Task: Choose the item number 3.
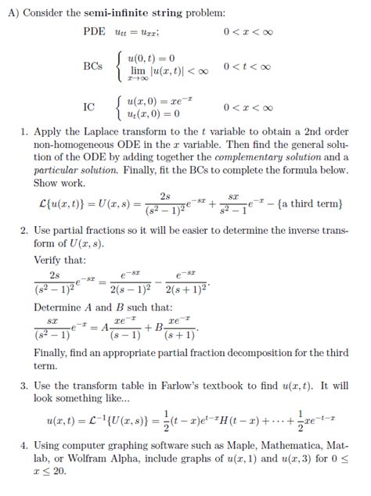pyautogui.click(x=24, y=386)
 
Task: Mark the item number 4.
pyautogui.click(x=24, y=444)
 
